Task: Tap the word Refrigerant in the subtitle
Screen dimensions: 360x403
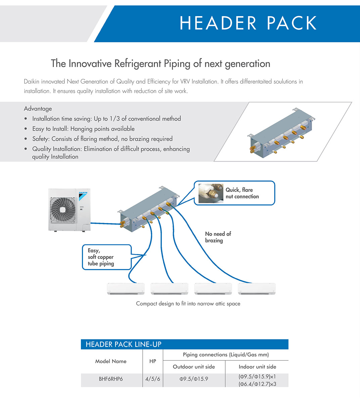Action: pyautogui.click(x=138, y=64)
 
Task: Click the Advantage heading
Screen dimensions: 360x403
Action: pyautogui.click(x=38, y=108)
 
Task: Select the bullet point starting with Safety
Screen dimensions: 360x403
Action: pyautogui.click(x=102, y=139)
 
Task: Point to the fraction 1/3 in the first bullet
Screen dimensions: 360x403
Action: pyautogui.click(x=115, y=119)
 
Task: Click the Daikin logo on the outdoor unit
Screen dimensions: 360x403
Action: pyautogui.click(x=83, y=196)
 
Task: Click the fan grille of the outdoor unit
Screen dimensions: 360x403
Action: pyautogui.click(x=63, y=210)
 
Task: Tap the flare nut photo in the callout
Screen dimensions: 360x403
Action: pyautogui.click(x=211, y=193)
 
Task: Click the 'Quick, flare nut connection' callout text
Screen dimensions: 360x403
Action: pyautogui.click(x=242, y=193)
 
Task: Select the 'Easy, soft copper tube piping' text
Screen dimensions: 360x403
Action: pyautogui.click(x=101, y=257)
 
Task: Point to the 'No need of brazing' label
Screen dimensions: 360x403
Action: pyautogui.click(x=218, y=237)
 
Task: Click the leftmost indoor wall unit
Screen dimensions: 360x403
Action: pyautogui.click(x=126, y=288)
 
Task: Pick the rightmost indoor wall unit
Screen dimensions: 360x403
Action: pyautogui.click(x=257, y=288)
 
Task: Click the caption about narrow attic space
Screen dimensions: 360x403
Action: pyautogui.click(x=188, y=304)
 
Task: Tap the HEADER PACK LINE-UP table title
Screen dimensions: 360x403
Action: pyautogui.click(x=123, y=344)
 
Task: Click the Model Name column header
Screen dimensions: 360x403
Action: pyautogui.click(x=111, y=361)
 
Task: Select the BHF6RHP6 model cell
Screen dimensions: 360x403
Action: pyautogui.click(x=111, y=379)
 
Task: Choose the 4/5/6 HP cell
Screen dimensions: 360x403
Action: pyautogui.click(x=152, y=379)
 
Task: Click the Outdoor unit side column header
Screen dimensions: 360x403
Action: pyautogui.click(x=194, y=367)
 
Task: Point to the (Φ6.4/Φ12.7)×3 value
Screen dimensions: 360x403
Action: pyautogui.click(x=257, y=384)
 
